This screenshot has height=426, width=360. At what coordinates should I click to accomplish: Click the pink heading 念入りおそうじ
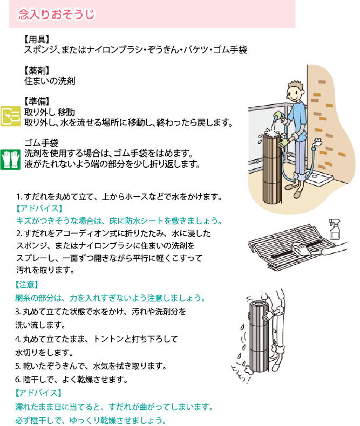point(56,14)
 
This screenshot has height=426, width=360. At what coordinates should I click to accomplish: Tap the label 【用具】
point(36,39)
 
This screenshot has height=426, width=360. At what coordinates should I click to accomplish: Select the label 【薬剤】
point(36,71)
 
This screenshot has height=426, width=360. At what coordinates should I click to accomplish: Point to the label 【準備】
point(36,101)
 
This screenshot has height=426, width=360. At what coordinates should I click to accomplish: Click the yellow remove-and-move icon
point(11,116)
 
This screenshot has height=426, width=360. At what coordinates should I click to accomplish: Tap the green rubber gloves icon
point(11,160)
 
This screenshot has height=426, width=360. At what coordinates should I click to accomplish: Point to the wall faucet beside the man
point(317,142)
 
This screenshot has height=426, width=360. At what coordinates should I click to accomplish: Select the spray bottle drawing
point(335,229)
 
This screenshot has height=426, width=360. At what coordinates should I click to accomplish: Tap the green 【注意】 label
point(27,285)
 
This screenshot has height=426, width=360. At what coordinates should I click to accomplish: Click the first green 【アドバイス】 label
point(39,209)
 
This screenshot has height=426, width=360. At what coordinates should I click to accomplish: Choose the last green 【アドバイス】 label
point(38,393)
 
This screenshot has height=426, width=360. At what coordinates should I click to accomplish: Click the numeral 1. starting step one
point(19,196)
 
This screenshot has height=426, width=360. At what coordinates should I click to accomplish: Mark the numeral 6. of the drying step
point(18,380)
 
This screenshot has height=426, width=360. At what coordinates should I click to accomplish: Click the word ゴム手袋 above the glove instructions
point(42,143)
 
